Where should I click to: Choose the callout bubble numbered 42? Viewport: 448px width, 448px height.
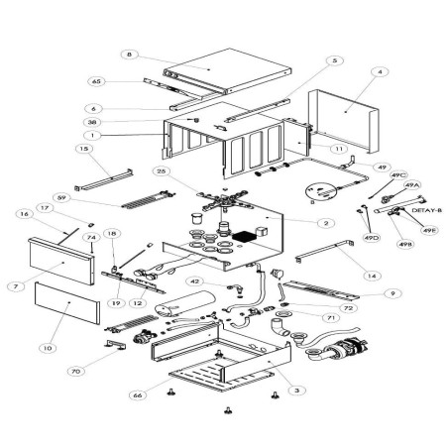point(195,281)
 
